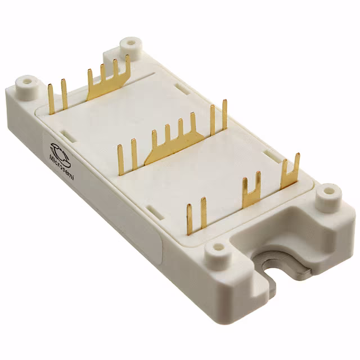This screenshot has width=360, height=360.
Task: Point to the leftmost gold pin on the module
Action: point(51,98)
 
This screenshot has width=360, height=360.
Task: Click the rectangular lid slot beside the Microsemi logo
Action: point(66,135)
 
